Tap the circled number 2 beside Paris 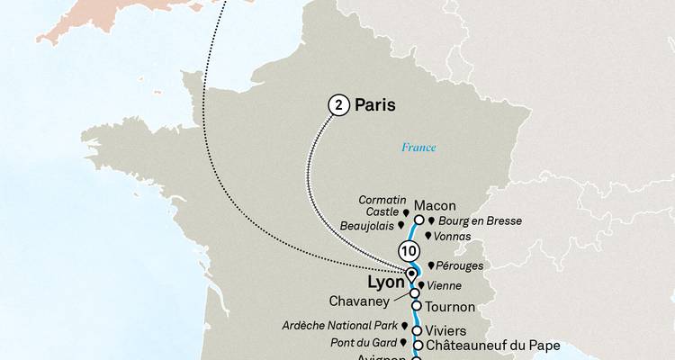click(337, 105)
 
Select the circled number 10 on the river click(409, 251)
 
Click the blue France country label click(418, 147)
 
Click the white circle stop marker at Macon click(418, 220)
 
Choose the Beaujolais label click(369, 227)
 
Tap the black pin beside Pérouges click(431, 266)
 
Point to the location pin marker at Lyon click(411, 274)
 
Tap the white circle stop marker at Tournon click(417, 306)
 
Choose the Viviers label click(446, 330)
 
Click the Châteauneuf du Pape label click(494, 345)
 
